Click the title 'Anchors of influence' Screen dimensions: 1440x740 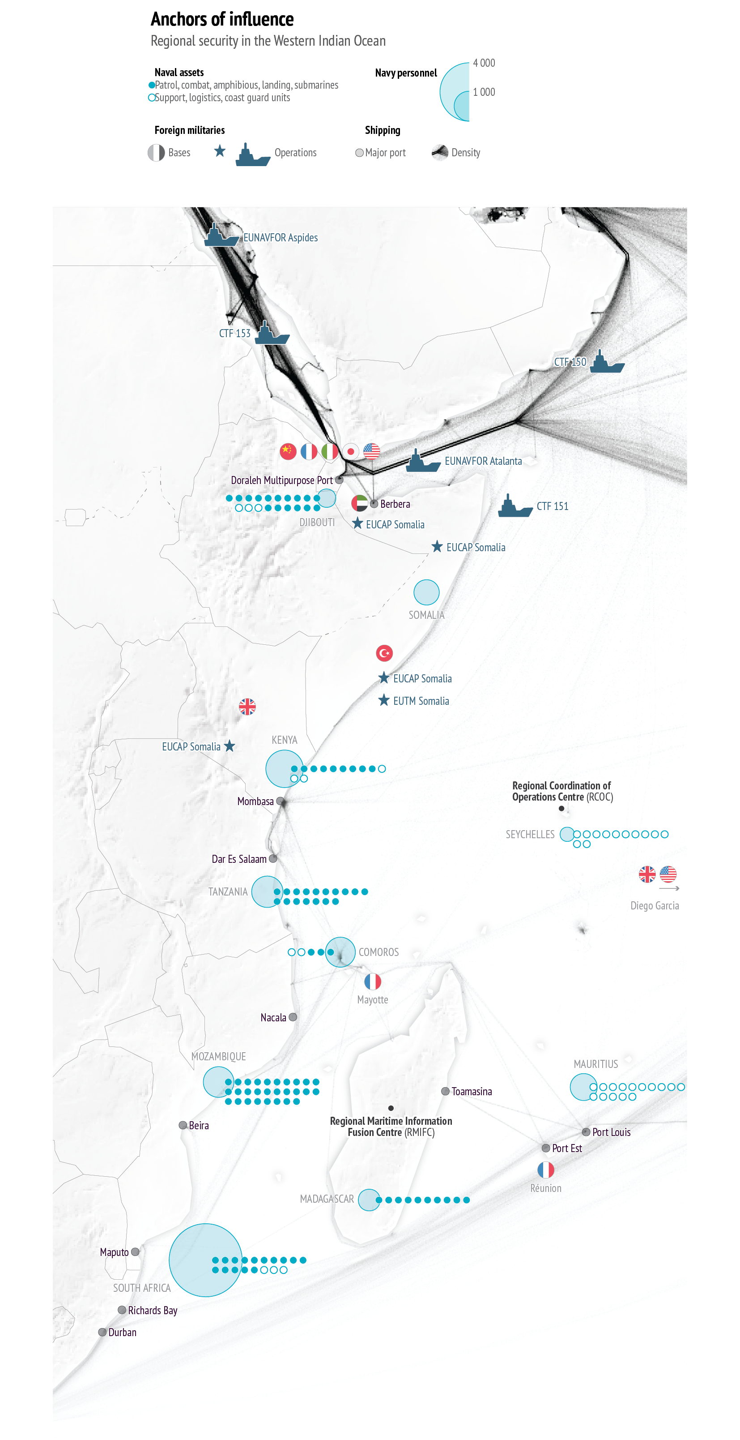tap(222, 20)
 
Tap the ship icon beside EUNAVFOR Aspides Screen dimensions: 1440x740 tap(221, 236)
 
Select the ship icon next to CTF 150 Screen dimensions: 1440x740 tap(607, 362)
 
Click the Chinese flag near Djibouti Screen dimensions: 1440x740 tap(288, 451)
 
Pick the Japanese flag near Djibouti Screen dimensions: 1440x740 tap(351, 451)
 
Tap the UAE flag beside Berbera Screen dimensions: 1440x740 tap(360, 504)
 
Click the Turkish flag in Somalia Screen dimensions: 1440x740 tap(384, 653)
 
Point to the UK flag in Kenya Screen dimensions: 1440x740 tap(247, 707)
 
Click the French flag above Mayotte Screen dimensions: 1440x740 tap(373, 981)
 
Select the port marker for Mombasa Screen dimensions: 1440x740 tap(281, 801)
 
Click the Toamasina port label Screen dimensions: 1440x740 tap(472, 1092)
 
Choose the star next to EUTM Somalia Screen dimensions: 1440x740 tap(384, 700)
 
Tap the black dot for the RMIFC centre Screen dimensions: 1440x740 tap(391, 1108)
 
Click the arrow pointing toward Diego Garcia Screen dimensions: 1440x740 tap(669, 888)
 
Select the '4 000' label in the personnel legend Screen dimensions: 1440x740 tap(484, 63)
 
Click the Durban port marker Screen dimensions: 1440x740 tap(102, 1332)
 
